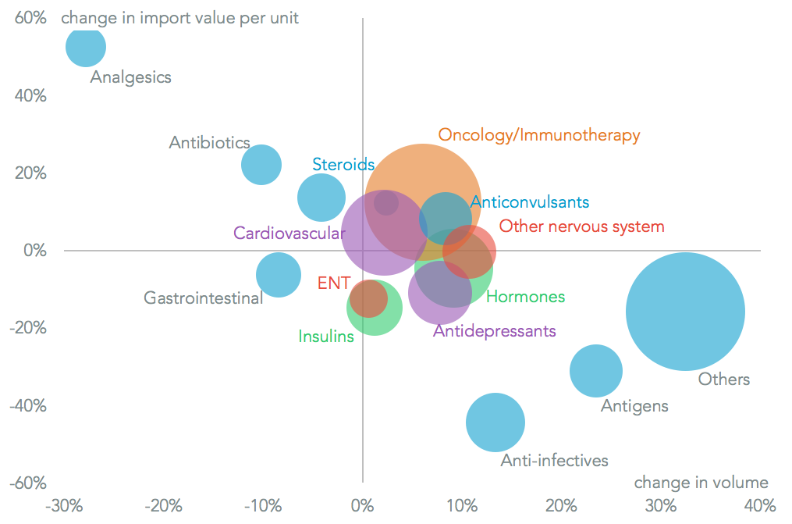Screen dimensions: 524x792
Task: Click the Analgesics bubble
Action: [x=85, y=46]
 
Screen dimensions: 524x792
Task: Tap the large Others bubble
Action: [x=686, y=312]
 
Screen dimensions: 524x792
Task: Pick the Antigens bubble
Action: [x=596, y=369]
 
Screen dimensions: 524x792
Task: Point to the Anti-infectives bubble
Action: [x=495, y=422]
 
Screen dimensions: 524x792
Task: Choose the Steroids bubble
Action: [x=321, y=198]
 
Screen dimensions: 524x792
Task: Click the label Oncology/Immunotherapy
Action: [x=538, y=135]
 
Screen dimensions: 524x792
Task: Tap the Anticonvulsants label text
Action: [x=530, y=202]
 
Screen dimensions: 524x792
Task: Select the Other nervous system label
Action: [x=581, y=226]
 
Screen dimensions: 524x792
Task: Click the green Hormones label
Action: [x=525, y=297]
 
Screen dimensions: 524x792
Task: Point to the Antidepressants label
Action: [x=494, y=331]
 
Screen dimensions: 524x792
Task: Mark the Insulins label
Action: [x=326, y=337]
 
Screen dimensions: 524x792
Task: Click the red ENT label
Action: [x=334, y=283]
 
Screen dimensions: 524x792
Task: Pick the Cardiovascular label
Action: [x=289, y=233]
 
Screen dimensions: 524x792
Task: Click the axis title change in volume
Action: [x=701, y=482]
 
